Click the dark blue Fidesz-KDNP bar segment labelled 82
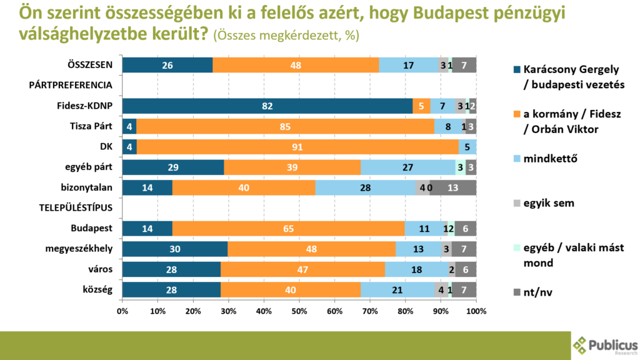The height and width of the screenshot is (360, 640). click(267, 106)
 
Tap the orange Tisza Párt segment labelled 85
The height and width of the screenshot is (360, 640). click(285, 126)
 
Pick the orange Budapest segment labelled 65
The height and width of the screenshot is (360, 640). click(288, 228)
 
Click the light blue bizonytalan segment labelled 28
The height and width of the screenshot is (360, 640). click(366, 187)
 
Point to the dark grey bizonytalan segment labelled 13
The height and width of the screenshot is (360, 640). click(452, 187)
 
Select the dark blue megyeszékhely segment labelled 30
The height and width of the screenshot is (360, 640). click(175, 249)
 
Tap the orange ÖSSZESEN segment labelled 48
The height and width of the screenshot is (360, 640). click(296, 65)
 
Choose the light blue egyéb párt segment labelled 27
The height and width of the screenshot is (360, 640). click(408, 167)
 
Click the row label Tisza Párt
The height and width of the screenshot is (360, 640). click(91, 126)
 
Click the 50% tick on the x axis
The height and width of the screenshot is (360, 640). click(299, 309)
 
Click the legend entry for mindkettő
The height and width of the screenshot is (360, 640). click(550, 157)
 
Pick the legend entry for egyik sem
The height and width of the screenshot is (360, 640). click(549, 203)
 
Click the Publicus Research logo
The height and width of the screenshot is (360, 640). click(604, 346)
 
